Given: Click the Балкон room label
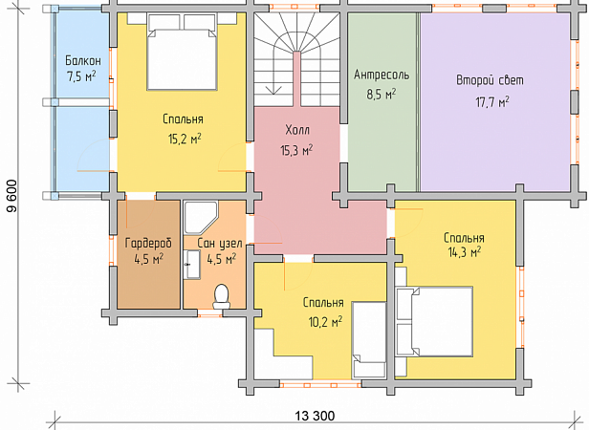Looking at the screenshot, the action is click(x=83, y=60).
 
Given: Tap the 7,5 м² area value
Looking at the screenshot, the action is click(x=81, y=76).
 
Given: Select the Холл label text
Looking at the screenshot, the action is click(x=297, y=130).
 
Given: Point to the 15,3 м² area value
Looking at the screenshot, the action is click(x=296, y=150).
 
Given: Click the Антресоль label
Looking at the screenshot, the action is click(x=382, y=75).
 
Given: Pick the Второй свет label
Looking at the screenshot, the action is click(x=490, y=80).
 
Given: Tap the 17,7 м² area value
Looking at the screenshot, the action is click(x=492, y=101).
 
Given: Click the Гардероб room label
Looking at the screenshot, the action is click(x=148, y=244).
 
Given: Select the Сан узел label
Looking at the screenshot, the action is click(x=220, y=243).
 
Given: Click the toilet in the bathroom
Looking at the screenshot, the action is click(x=221, y=296).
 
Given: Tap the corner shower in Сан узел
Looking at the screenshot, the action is click(x=201, y=218).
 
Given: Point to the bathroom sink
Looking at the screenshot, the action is click(x=192, y=265).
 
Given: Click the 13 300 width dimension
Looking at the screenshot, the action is click(x=315, y=416).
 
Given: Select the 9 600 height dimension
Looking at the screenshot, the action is click(x=12, y=196).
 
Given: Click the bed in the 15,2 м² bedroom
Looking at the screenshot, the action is click(x=182, y=52).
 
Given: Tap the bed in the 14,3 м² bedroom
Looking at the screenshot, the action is click(x=434, y=321).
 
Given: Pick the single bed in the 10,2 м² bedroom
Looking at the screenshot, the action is click(x=370, y=340).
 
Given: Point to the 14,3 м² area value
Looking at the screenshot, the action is click(x=465, y=252).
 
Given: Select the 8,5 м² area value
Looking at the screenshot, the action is click(x=382, y=94).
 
